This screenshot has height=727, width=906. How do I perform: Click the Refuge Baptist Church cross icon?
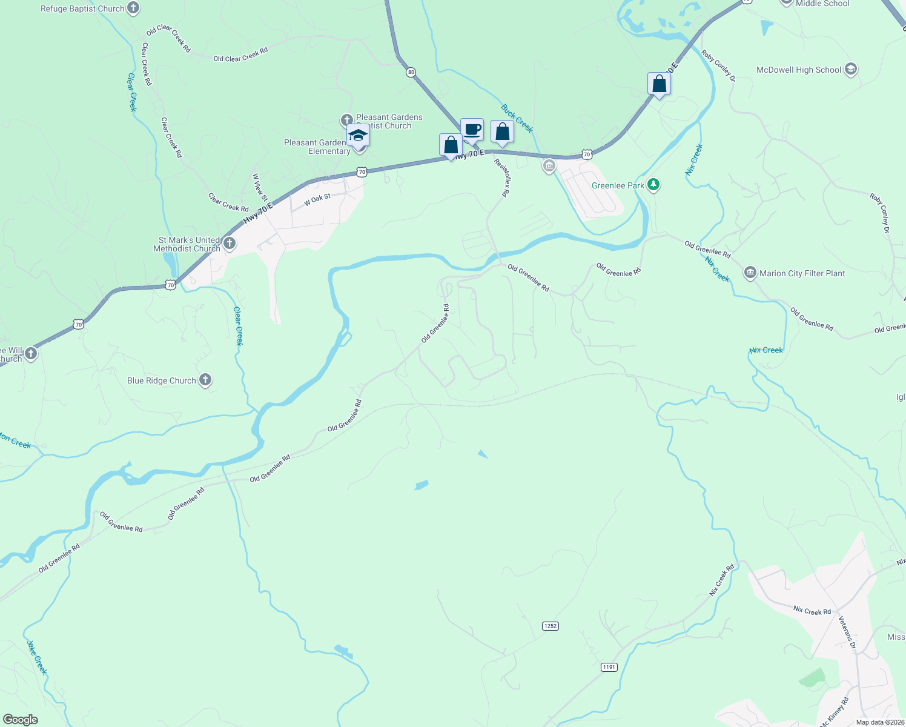coord(134,8)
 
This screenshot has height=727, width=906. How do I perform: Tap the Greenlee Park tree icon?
coord(653,185)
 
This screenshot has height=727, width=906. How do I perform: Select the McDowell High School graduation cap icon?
coord(850,70)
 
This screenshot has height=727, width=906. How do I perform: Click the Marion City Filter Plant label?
coord(802,273)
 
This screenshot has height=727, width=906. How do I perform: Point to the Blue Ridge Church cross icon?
coord(205,380)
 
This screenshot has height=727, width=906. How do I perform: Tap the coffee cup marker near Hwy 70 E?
coord(472,130)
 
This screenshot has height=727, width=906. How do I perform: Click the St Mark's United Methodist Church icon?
coord(229,244)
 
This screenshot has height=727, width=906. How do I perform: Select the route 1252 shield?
coord(550,626)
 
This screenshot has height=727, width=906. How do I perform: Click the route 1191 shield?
coord(609,667)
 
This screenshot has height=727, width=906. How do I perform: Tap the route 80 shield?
coord(411,72)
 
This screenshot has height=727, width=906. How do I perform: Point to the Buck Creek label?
coord(517,118)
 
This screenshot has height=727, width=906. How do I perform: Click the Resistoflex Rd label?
coord(501,178)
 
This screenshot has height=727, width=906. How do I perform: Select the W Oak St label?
coord(317,199)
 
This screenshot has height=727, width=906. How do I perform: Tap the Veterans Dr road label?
coord(847,632)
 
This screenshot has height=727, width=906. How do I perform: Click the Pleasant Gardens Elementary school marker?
coord(359,136)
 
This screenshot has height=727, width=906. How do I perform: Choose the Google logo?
coord(21,719)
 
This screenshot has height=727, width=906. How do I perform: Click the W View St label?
coord(260,187)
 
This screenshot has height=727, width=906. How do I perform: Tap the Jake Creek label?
coord(36,657)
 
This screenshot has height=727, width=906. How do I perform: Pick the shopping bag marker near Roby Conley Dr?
coord(659,84)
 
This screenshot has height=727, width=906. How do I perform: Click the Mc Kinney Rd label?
coord(835,712)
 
